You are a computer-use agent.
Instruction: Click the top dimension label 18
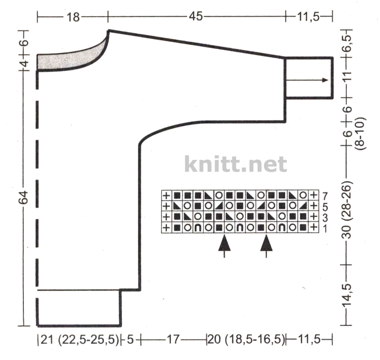click(x=73, y=17)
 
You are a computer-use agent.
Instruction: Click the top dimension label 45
click(x=196, y=17)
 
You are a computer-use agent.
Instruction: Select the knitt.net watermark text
click(x=236, y=164)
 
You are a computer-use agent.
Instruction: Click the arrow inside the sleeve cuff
click(x=307, y=80)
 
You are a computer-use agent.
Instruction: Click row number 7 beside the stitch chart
click(x=325, y=196)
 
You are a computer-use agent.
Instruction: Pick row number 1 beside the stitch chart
click(x=325, y=228)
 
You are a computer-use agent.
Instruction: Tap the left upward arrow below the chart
click(x=224, y=246)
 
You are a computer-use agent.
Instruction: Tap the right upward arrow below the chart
click(x=266, y=246)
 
